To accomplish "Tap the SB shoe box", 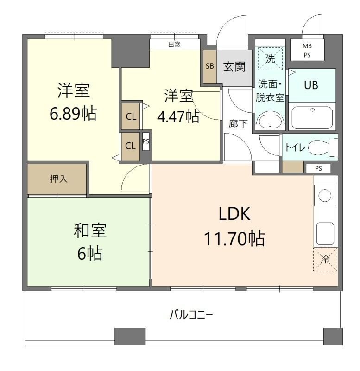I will click(209, 66).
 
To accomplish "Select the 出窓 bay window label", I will click(174, 45).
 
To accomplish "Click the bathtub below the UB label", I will click(311, 117).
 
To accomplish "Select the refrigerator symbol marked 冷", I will click(326, 259).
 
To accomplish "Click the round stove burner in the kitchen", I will click(325, 196).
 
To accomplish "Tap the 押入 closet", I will click(57, 179).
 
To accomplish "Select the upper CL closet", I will click(131, 115).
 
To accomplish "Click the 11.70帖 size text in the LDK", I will click(234, 238).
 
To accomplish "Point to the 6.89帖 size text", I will click(73, 113).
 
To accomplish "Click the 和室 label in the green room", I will click(90, 230).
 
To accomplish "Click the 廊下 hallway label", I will click(238, 123).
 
